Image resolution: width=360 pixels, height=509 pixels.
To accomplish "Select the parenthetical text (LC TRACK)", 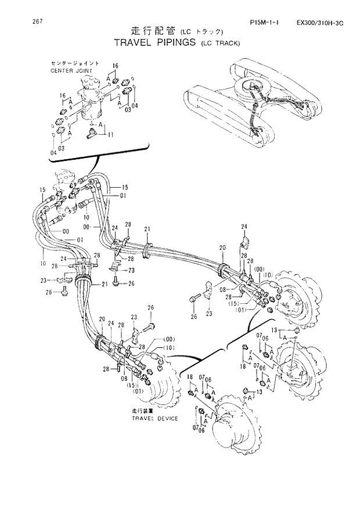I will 219,43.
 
